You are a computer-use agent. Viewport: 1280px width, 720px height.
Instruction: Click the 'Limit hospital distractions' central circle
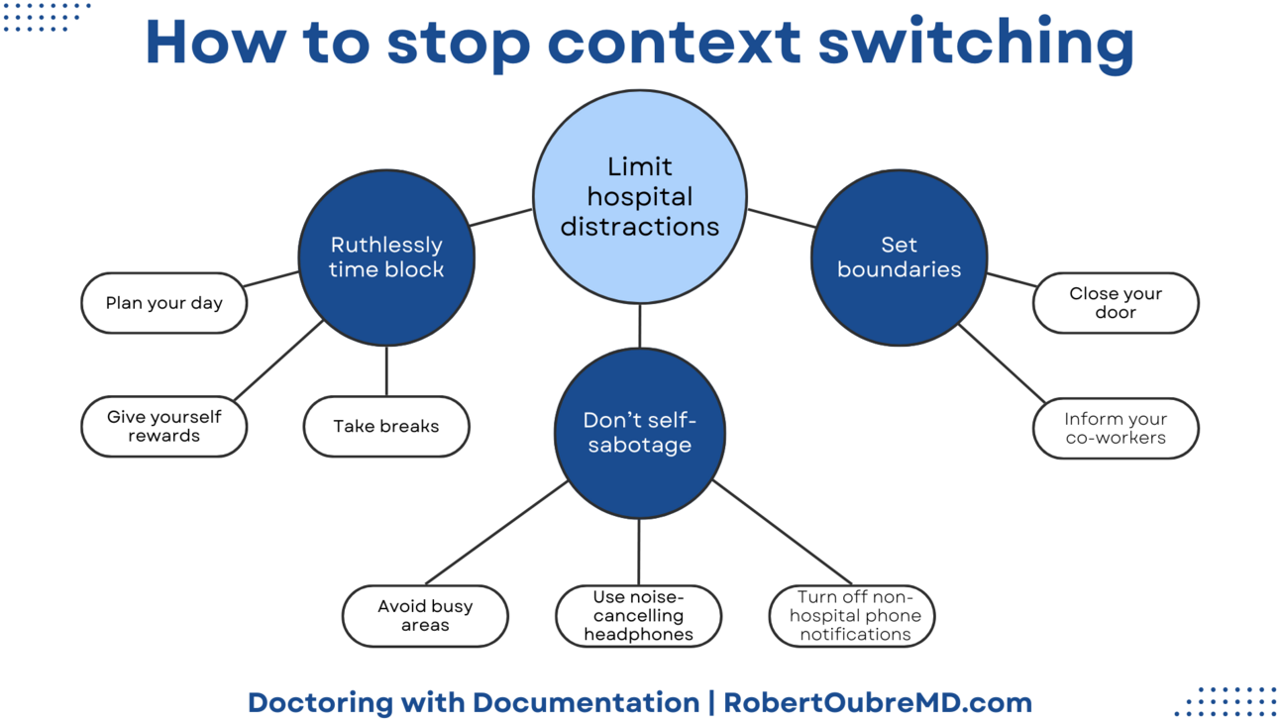coord(639,196)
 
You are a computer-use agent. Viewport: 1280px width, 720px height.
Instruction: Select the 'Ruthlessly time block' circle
coord(386,257)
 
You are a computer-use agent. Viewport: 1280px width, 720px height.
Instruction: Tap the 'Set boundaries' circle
coord(899,257)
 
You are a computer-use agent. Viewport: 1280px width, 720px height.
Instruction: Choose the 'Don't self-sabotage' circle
coord(639,433)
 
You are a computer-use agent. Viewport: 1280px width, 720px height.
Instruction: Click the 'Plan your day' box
coord(163,303)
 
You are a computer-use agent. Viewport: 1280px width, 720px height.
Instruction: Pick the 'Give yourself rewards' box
coord(163,427)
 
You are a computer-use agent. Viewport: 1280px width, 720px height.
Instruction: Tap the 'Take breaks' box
coord(385,427)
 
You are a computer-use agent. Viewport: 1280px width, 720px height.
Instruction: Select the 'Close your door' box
coord(1116,303)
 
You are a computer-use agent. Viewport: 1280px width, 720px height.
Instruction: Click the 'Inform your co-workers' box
coord(1116,428)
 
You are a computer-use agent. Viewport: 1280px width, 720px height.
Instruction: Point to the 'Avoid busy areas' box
coord(425,616)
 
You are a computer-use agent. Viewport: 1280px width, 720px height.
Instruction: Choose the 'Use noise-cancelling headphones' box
coord(638,616)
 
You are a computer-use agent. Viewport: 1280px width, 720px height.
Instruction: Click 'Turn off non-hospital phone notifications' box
coord(852,616)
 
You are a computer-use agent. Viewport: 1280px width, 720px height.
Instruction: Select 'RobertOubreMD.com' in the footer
coord(878,702)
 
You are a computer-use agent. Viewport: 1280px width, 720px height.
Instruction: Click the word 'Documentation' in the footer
coord(586,702)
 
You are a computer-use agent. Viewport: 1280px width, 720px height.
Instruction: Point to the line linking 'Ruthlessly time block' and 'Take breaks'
coord(386,371)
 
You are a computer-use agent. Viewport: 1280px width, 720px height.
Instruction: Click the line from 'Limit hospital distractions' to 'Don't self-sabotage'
coord(639,326)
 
